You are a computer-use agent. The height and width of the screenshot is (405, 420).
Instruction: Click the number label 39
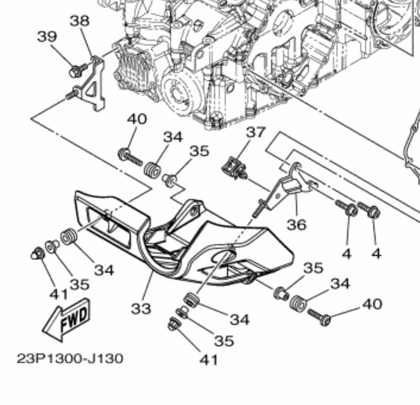(x=47, y=36)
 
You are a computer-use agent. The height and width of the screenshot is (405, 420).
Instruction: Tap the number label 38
(x=79, y=21)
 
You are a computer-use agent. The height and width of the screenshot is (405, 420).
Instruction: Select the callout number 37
(x=254, y=132)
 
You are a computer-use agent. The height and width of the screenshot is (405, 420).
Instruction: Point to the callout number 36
(x=296, y=225)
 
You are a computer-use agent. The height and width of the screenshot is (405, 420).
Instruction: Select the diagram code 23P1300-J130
(x=70, y=358)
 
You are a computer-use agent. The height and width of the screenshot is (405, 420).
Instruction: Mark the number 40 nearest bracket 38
(x=136, y=120)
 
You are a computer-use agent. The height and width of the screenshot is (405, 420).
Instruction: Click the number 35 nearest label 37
(x=199, y=151)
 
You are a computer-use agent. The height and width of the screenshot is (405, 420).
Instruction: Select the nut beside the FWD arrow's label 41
(x=36, y=254)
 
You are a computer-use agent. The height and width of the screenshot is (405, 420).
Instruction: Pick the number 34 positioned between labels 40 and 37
(x=172, y=137)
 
